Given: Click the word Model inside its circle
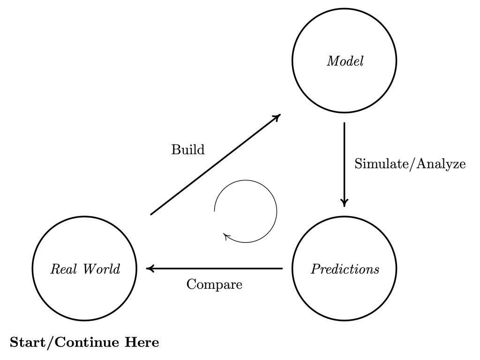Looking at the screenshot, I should point(345,61).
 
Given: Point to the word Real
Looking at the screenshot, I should point(60,269).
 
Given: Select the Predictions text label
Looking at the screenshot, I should point(345,270).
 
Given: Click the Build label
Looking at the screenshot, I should point(188,150).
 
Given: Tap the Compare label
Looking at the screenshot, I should point(214,285).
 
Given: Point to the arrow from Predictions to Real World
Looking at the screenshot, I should point(216,269).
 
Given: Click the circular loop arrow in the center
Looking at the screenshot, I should point(276,211).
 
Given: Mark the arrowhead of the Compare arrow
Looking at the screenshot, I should point(150,269).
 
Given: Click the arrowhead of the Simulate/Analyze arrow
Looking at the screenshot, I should point(345,203).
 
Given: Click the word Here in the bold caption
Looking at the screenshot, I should point(141,343).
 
